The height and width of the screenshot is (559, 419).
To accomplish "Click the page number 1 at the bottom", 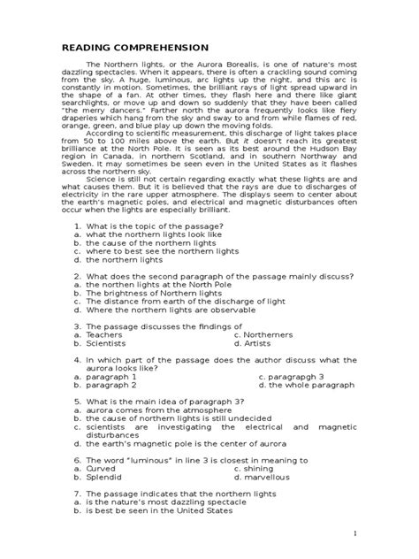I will (x=354, y=534).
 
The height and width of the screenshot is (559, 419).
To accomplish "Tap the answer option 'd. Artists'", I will (x=260, y=368).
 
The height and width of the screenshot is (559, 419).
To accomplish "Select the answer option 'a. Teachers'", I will (x=104, y=359).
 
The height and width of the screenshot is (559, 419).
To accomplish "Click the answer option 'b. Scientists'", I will (x=107, y=368).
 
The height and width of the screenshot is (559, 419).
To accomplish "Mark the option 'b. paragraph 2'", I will (x=110, y=410).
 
